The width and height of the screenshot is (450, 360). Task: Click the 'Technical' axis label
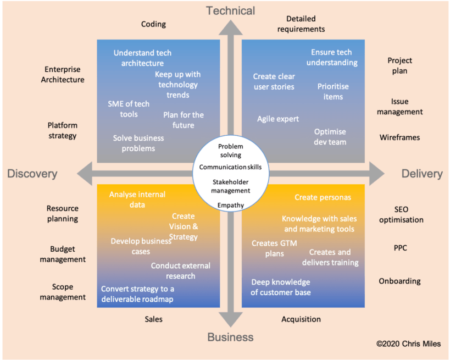231,10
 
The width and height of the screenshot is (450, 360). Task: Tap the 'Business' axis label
231,337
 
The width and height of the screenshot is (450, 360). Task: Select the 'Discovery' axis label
32,174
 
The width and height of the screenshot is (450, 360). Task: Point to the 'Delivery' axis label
422,174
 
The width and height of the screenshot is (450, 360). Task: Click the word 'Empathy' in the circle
231,206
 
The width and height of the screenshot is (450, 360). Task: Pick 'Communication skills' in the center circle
231,167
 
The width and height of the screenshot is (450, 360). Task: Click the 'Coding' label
153,24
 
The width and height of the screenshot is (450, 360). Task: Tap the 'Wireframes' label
399,137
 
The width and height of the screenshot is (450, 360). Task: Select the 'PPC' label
401,248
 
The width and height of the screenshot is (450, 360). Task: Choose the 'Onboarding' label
399,281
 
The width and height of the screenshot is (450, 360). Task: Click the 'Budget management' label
63,254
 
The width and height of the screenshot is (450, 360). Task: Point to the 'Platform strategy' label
62,131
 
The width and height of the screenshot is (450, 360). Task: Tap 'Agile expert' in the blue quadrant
278,119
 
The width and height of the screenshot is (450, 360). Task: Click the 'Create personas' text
323,197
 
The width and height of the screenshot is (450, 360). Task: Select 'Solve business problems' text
138,143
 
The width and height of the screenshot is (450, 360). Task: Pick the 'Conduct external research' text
181,270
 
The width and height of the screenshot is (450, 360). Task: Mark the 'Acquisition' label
301,319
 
